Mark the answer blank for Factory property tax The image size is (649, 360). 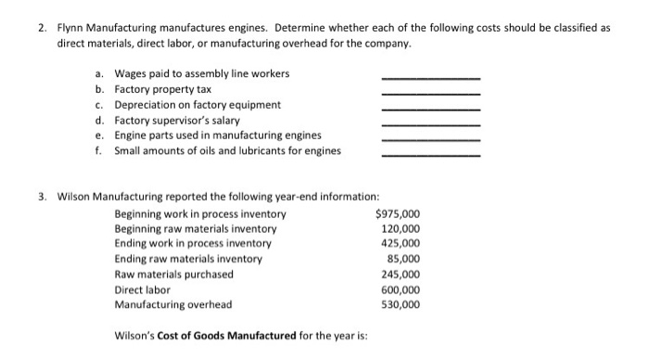(x=431, y=93)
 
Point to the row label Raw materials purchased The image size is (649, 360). (x=174, y=274)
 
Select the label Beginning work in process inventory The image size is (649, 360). (x=200, y=214)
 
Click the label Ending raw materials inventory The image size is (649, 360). (x=188, y=259)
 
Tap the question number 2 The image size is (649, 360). (x=43, y=28)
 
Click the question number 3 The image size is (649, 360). (x=43, y=197)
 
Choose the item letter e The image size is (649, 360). (x=99, y=135)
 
